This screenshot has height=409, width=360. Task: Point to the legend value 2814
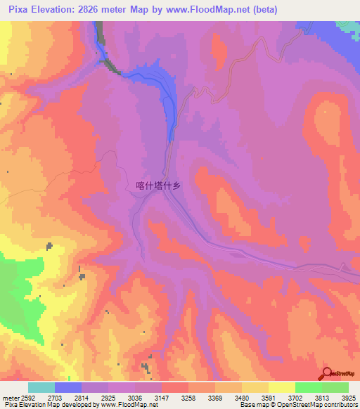(83, 397)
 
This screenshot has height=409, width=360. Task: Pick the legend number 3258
(189, 397)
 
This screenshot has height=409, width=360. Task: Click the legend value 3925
(348, 397)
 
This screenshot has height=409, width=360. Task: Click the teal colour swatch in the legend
(41, 387)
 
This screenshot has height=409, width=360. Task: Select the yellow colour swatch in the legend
(282, 387)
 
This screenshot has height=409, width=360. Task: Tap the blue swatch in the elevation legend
(68, 387)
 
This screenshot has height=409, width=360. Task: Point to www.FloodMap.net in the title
(210, 9)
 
